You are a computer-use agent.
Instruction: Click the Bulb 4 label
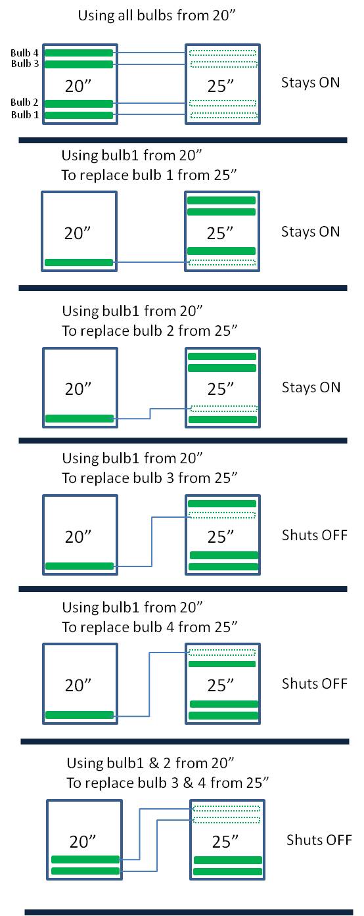click(x=24, y=53)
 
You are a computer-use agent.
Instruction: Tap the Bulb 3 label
click(x=25, y=63)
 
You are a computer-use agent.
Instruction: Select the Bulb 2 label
click(x=24, y=103)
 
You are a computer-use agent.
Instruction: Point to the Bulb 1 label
click(x=25, y=114)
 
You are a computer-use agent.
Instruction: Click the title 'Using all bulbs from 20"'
click(x=157, y=16)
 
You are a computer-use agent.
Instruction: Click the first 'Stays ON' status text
click(x=310, y=83)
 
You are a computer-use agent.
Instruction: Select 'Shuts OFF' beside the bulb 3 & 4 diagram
click(x=319, y=840)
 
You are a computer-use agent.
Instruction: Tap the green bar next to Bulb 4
click(x=79, y=53)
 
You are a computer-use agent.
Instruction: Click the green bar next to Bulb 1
click(x=79, y=115)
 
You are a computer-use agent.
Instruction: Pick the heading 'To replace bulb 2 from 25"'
click(x=150, y=331)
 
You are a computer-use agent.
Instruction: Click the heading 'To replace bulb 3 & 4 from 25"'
click(x=168, y=783)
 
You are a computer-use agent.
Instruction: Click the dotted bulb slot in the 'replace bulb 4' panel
click(x=222, y=653)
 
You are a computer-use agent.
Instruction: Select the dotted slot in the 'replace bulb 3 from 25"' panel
click(x=222, y=515)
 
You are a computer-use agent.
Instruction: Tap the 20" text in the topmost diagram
click(x=78, y=86)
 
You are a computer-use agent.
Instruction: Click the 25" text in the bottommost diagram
click(x=225, y=842)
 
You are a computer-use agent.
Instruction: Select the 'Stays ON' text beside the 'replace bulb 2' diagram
click(x=311, y=387)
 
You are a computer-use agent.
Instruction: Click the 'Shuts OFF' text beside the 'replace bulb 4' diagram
click(x=315, y=683)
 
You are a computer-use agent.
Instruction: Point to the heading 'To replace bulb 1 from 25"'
click(x=149, y=175)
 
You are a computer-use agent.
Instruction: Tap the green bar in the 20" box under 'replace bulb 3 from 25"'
click(x=80, y=566)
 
